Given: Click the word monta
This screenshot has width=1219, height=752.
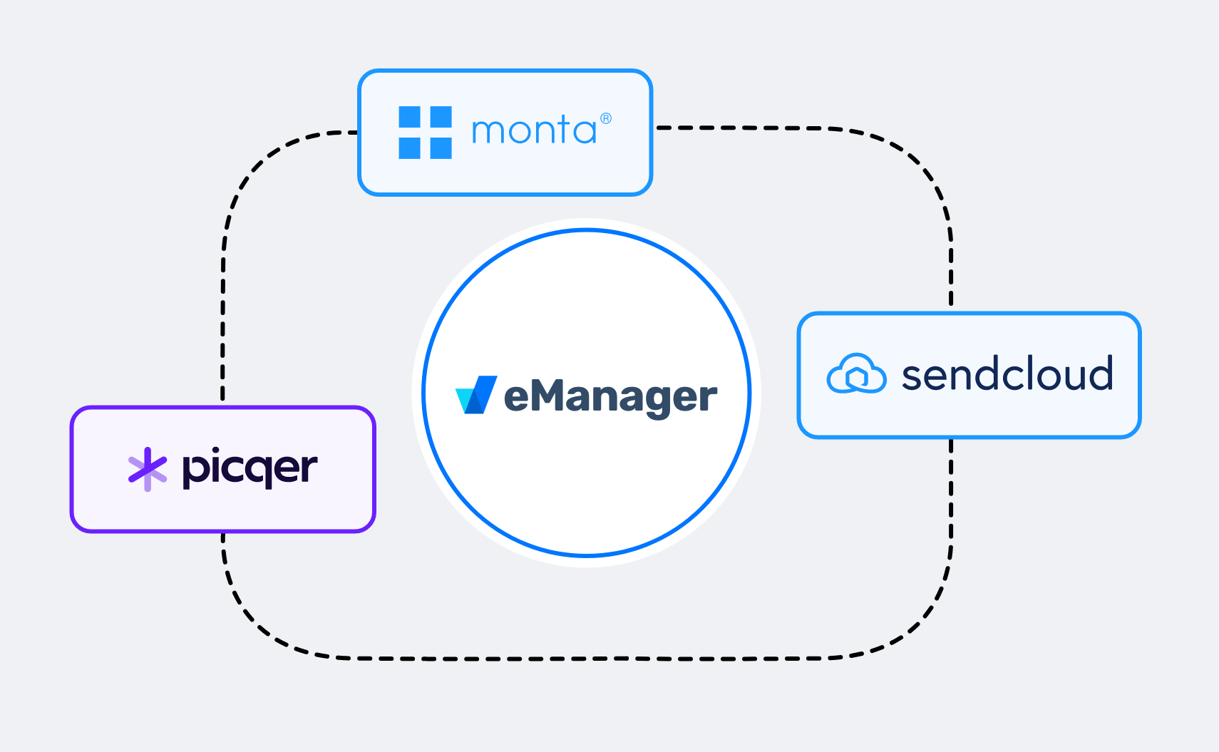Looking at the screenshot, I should click(533, 131).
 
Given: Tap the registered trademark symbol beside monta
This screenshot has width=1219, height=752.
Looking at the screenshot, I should click(606, 118).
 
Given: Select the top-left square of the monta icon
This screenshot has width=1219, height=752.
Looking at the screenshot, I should click(409, 116).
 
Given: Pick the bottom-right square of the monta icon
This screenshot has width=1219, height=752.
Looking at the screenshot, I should click(441, 148).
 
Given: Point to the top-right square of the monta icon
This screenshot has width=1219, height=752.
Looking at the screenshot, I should click(441, 116).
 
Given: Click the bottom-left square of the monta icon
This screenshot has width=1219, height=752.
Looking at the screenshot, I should click(409, 148).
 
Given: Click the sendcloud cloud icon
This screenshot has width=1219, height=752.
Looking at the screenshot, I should click(856, 374).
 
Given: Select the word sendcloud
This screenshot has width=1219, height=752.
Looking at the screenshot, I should click(1007, 375).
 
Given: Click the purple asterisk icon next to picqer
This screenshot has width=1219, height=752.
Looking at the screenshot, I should click(147, 469).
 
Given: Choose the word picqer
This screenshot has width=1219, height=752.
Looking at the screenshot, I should click(250, 469).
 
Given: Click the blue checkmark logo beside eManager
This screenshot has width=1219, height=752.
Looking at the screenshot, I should click(476, 395).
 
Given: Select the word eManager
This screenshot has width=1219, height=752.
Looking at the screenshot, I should click(610, 397).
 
